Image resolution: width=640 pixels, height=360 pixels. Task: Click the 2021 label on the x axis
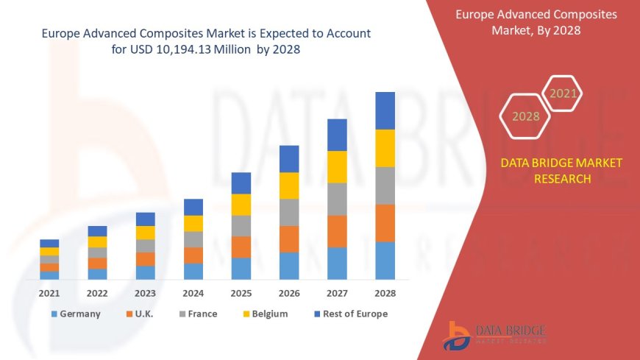[49, 293]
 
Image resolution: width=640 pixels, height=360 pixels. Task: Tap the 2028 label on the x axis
[385, 293]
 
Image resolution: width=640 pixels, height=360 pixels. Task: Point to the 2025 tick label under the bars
[241, 293]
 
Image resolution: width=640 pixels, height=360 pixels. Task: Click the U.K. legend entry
[141, 314]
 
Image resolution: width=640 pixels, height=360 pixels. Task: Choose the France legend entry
[196, 314]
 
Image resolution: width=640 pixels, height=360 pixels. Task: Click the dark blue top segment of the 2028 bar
[385, 110]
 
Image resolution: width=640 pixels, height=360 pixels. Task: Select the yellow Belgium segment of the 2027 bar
[337, 166]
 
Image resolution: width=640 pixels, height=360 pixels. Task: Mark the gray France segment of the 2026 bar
[289, 212]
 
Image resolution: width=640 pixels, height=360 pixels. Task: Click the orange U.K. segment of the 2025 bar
[241, 247]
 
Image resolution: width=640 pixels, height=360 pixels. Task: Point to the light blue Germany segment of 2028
[385, 261]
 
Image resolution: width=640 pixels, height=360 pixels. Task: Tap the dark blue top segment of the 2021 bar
[49, 243]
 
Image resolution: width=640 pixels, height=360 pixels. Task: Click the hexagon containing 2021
[563, 93]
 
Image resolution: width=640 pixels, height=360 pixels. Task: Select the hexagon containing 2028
[525, 116]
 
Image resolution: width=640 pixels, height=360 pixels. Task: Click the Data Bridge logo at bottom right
[494, 335]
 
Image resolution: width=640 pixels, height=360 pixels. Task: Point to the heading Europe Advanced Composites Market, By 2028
[536, 22]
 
